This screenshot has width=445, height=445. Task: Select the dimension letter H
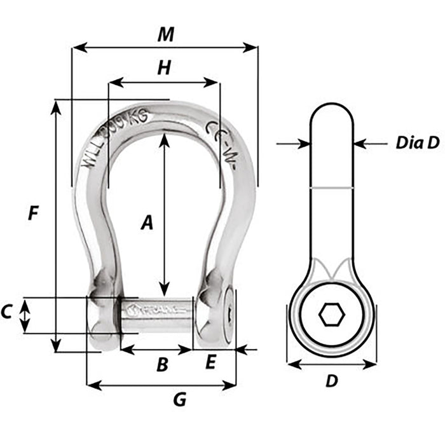click(164, 69)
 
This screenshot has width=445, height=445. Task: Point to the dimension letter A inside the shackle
click(147, 222)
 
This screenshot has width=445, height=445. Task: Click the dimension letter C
click(7, 312)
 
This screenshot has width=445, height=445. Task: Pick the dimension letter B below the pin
click(162, 365)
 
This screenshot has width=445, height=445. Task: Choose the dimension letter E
click(211, 363)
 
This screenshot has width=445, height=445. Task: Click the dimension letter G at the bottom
click(180, 400)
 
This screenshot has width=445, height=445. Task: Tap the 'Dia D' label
click(417, 143)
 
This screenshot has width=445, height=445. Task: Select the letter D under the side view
click(331, 381)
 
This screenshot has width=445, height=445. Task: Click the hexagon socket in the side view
click(331, 314)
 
